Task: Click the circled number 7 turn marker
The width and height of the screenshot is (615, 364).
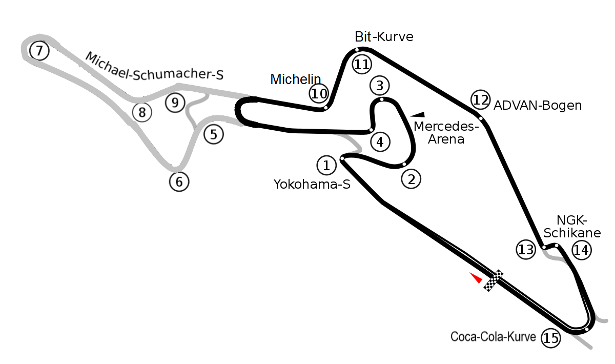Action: [39, 51]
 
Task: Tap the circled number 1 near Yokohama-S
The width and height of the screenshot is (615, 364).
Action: [326, 165]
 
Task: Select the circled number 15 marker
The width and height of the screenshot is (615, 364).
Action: [551, 338]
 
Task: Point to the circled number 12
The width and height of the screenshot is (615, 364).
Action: [480, 100]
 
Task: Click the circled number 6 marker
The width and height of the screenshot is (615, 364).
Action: [179, 181]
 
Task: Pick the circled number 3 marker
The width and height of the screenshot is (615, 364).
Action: [380, 85]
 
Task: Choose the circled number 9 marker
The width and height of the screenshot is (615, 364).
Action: [175, 103]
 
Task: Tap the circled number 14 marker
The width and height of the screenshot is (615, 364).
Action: [582, 250]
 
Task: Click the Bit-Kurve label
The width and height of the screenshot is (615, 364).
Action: [384, 37]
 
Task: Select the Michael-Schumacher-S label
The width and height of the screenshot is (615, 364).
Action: [154, 67]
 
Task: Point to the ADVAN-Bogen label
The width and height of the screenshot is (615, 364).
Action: [538, 106]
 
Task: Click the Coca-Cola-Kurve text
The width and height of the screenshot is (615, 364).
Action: [493, 337]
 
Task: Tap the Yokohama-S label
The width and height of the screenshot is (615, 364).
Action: [312, 184]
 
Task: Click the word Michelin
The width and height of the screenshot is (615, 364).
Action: [296, 79]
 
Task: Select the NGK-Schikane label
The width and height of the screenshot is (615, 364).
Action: [572, 227]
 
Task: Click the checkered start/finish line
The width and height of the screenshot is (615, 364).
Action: [494, 280]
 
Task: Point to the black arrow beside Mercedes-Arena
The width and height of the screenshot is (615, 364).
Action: [419, 114]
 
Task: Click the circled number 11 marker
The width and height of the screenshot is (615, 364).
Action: [362, 65]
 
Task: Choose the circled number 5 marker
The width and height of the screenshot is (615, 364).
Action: [214, 134]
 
